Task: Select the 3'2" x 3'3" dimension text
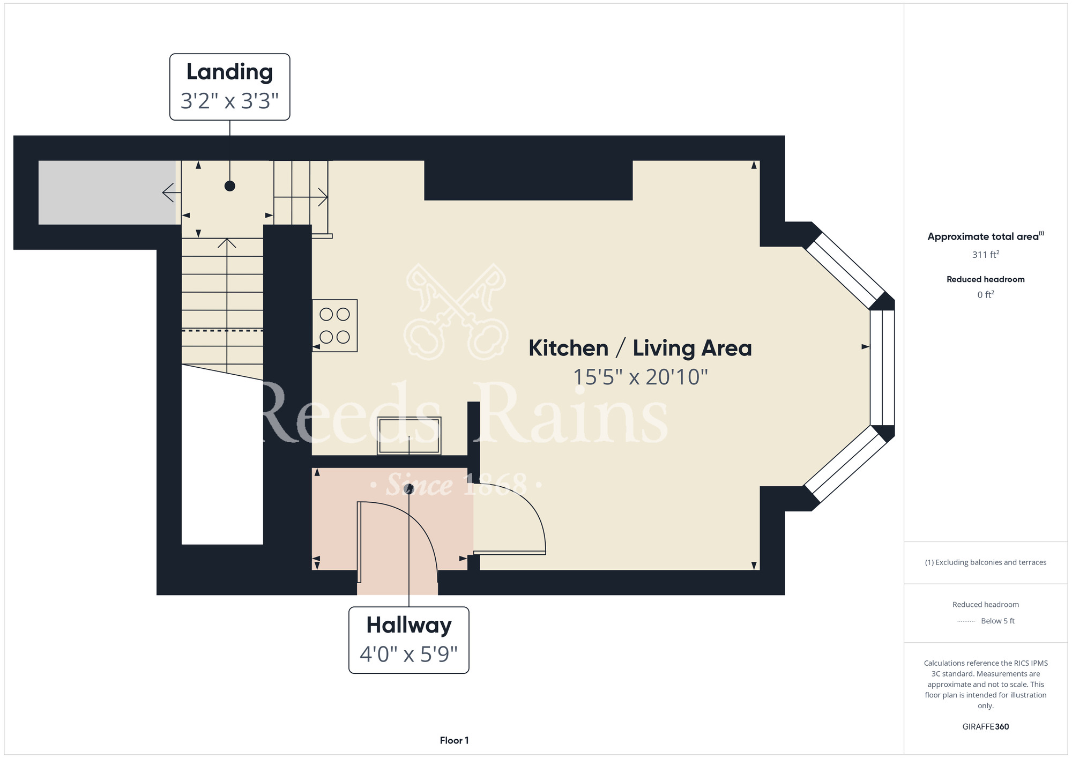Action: click(x=229, y=101)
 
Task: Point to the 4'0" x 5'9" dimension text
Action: click(x=408, y=654)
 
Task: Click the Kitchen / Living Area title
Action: click(x=640, y=348)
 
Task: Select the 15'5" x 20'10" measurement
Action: click(x=641, y=377)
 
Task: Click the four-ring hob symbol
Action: click(x=335, y=325)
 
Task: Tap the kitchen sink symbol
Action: click(x=409, y=436)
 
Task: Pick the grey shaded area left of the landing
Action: click(x=107, y=192)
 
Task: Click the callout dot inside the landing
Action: click(x=230, y=186)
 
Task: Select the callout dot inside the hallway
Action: click(x=409, y=489)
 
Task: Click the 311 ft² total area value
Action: click(x=986, y=254)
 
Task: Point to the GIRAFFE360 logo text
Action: click(x=986, y=727)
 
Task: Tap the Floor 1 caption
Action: click(x=454, y=740)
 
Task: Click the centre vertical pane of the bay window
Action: click(x=882, y=368)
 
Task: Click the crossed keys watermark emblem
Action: click(x=456, y=311)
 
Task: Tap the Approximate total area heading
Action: click(x=986, y=236)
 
